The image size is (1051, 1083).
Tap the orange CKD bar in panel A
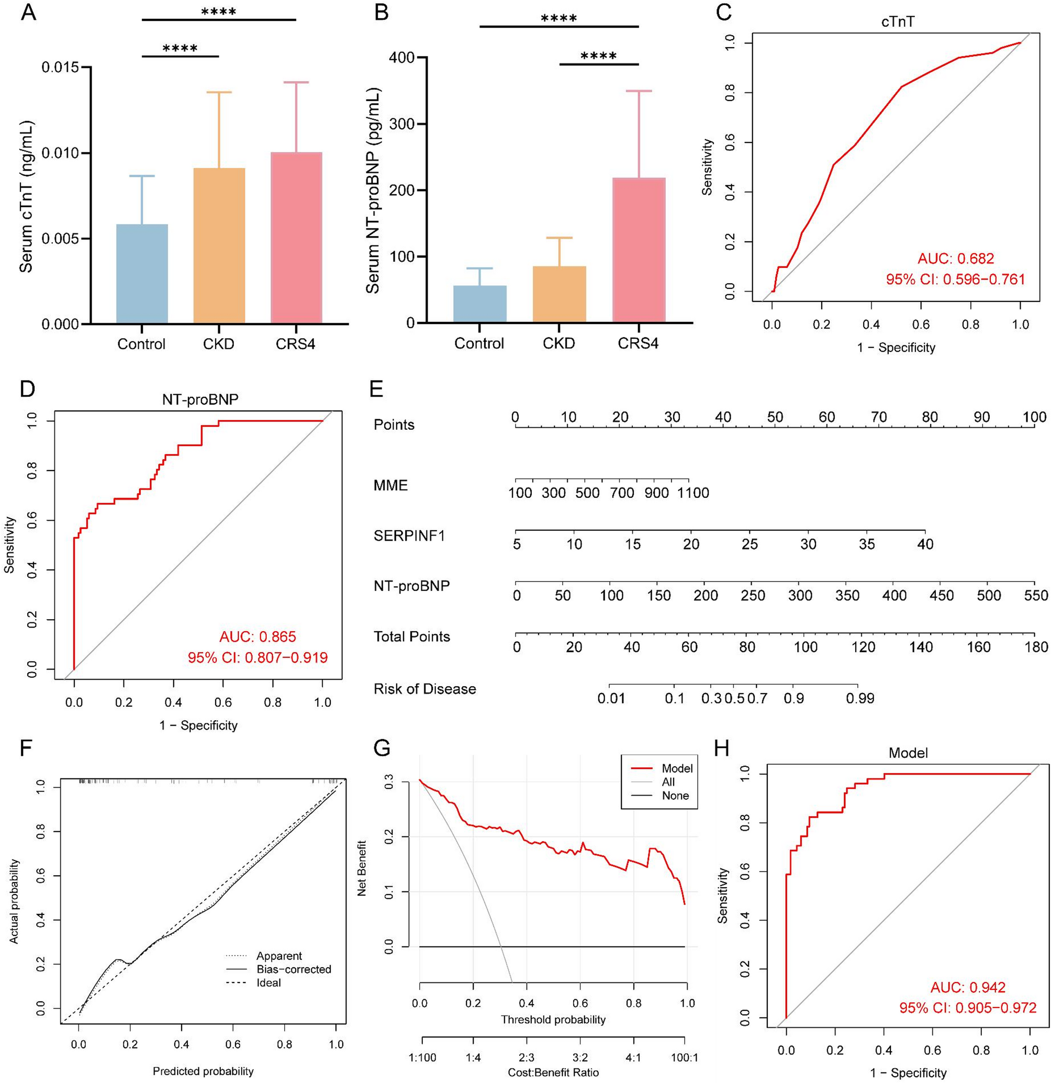pyautogui.click(x=219, y=245)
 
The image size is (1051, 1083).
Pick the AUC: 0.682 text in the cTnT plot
pyautogui.click(x=955, y=258)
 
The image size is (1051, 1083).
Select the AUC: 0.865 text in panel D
pyautogui.click(x=258, y=637)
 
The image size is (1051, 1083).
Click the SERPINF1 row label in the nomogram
pyautogui.click(x=409, y=536)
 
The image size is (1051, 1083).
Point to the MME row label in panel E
pyautogui.click(x=390, y=486)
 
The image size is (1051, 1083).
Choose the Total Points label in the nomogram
pyautogui.click(x=412, y=637)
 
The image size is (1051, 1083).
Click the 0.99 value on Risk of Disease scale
pyautogui.click(x=860, y=698)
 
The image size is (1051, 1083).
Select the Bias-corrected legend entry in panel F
pyautogui.click(x=294, y=969)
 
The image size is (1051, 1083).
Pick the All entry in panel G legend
pyautogui.click(x=668, y=782)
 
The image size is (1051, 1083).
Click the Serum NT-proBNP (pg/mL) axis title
pyautogui.click(x=374, y=190)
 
